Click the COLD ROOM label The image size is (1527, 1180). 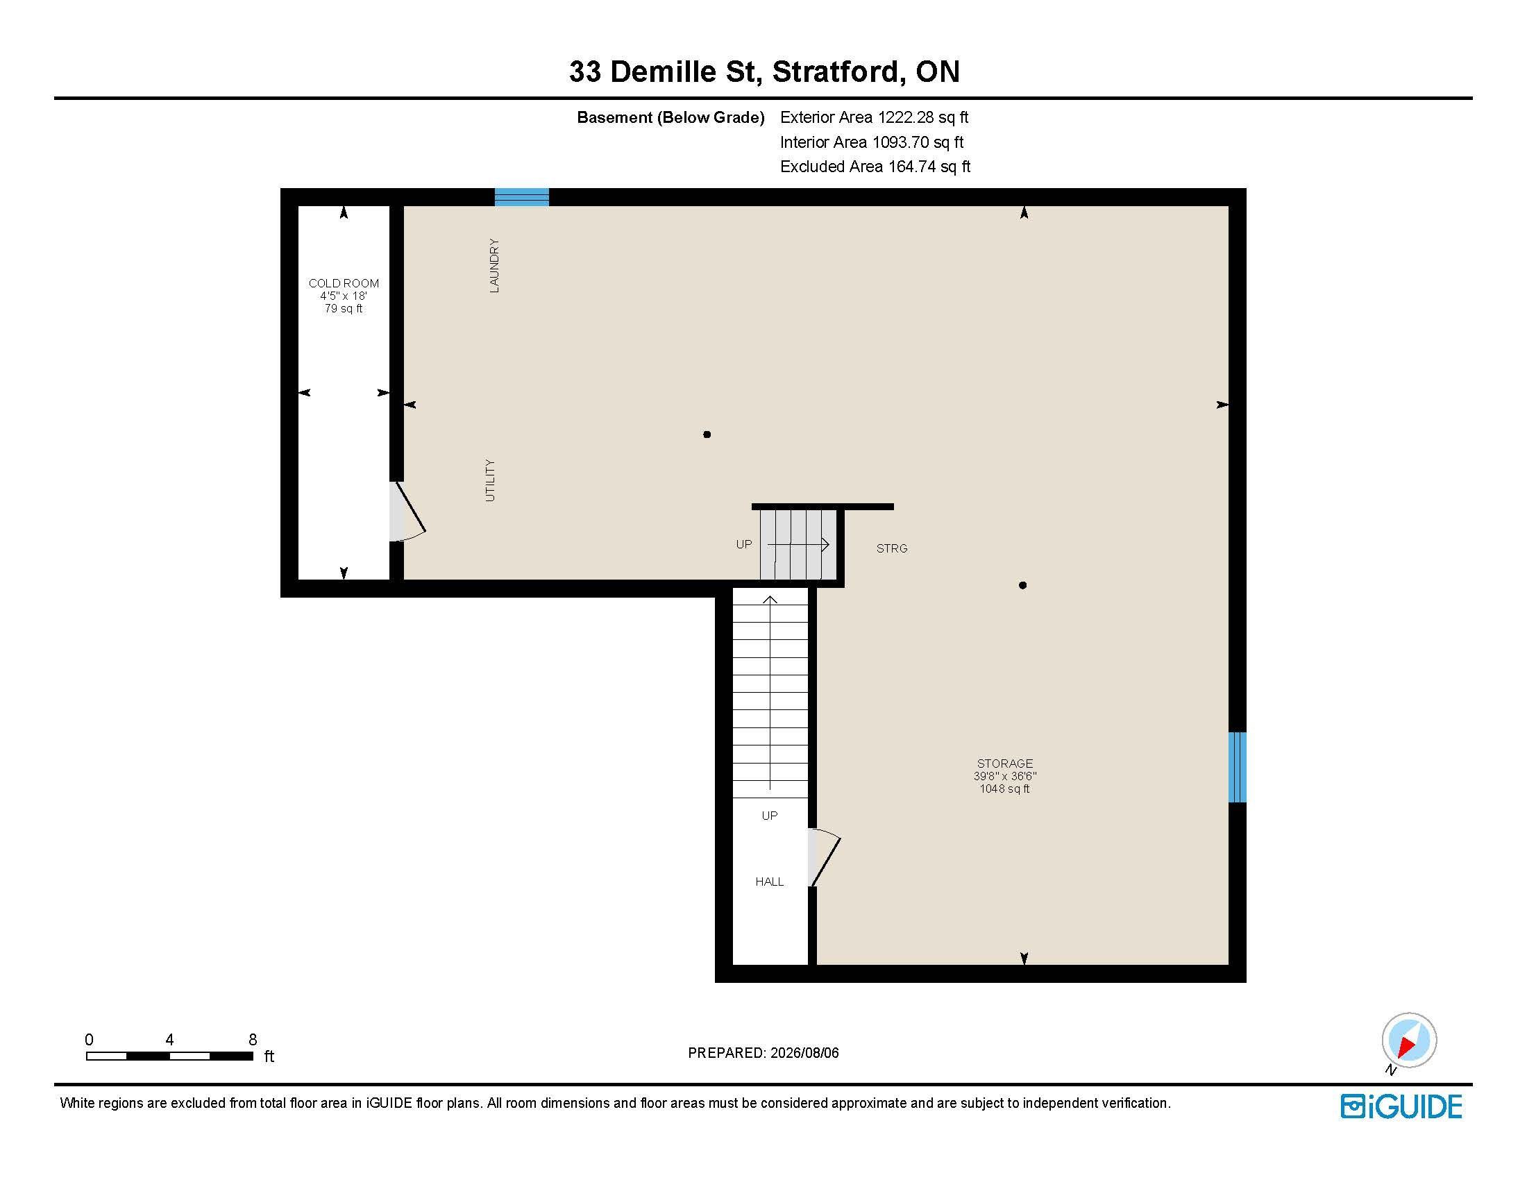pos(344,283)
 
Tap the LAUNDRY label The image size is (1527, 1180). pos(494,266)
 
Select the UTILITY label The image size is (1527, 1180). pos(490,480)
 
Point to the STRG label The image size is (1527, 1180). pos(892,549)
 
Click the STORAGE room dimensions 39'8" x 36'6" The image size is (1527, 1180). pos(1005,776)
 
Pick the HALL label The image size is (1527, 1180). pos(769,882)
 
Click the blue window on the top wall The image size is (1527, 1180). pos(521,197)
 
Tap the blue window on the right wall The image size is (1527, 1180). pos(1238,767)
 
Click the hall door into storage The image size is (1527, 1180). pos(825,858)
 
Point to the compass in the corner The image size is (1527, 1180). pos(1409,1040)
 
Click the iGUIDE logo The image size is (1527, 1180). pos(1401,1106)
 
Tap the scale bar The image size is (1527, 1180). pos(169,1056)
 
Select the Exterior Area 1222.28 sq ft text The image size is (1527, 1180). pos(874,117)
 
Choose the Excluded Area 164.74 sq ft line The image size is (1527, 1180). pos(875,167)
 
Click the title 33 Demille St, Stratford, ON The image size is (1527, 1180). pos(764,71)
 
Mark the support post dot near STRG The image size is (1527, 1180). pos(1022,585)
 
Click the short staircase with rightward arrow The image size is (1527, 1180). pos(798,545)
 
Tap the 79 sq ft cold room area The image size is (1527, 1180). pos(344,308)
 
